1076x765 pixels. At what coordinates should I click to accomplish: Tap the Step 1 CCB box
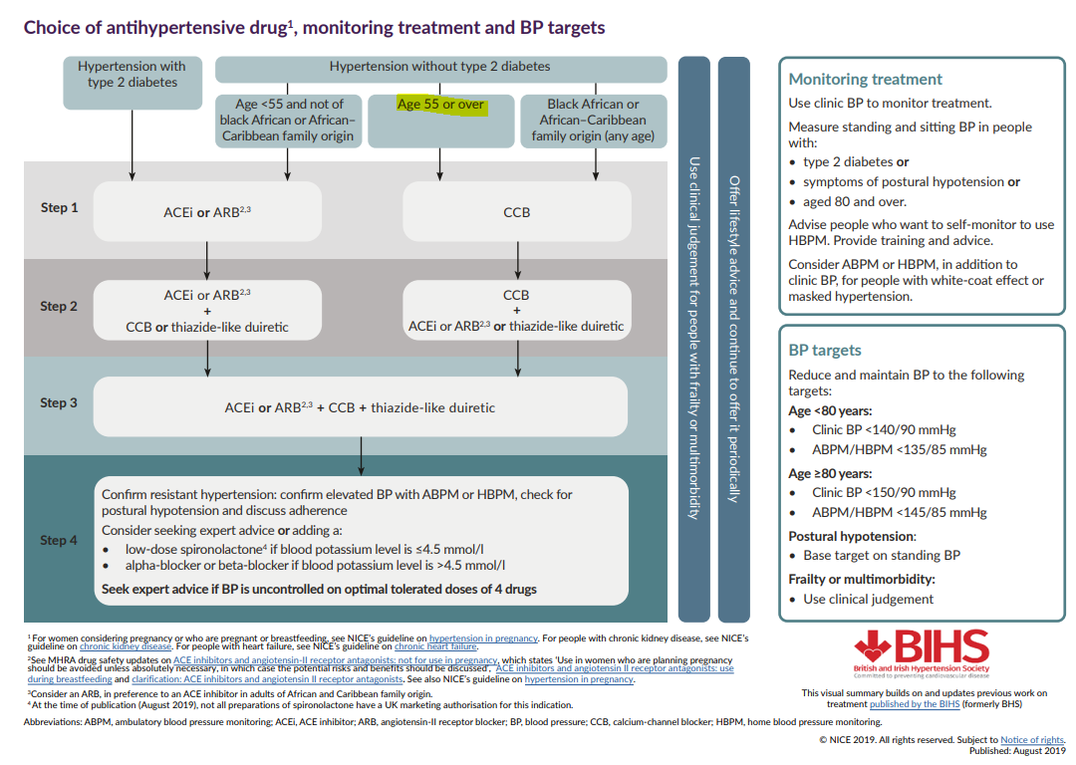click(516, 212)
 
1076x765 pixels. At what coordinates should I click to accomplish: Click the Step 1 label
click(59, 208)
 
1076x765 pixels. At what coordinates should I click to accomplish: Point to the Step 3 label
click(59, 403)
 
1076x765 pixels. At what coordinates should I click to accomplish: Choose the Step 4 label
click(59, 540)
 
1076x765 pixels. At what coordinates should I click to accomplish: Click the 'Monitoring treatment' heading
click(865, 80)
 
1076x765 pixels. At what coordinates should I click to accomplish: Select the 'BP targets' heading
click(825, 351)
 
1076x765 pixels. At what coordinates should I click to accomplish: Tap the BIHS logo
click(921, 652)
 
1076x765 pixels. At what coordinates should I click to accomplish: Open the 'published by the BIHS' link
click(914, 704)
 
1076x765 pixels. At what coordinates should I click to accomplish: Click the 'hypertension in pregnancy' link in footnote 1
click(483, 637)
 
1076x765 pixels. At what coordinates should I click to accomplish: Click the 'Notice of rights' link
click(1032, 740)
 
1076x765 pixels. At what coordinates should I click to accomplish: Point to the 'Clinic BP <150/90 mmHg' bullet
click(883, 492)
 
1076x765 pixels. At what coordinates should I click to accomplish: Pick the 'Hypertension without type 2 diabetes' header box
click(439, 68)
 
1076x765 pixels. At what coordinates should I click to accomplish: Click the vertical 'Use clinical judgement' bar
click(693, 339)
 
